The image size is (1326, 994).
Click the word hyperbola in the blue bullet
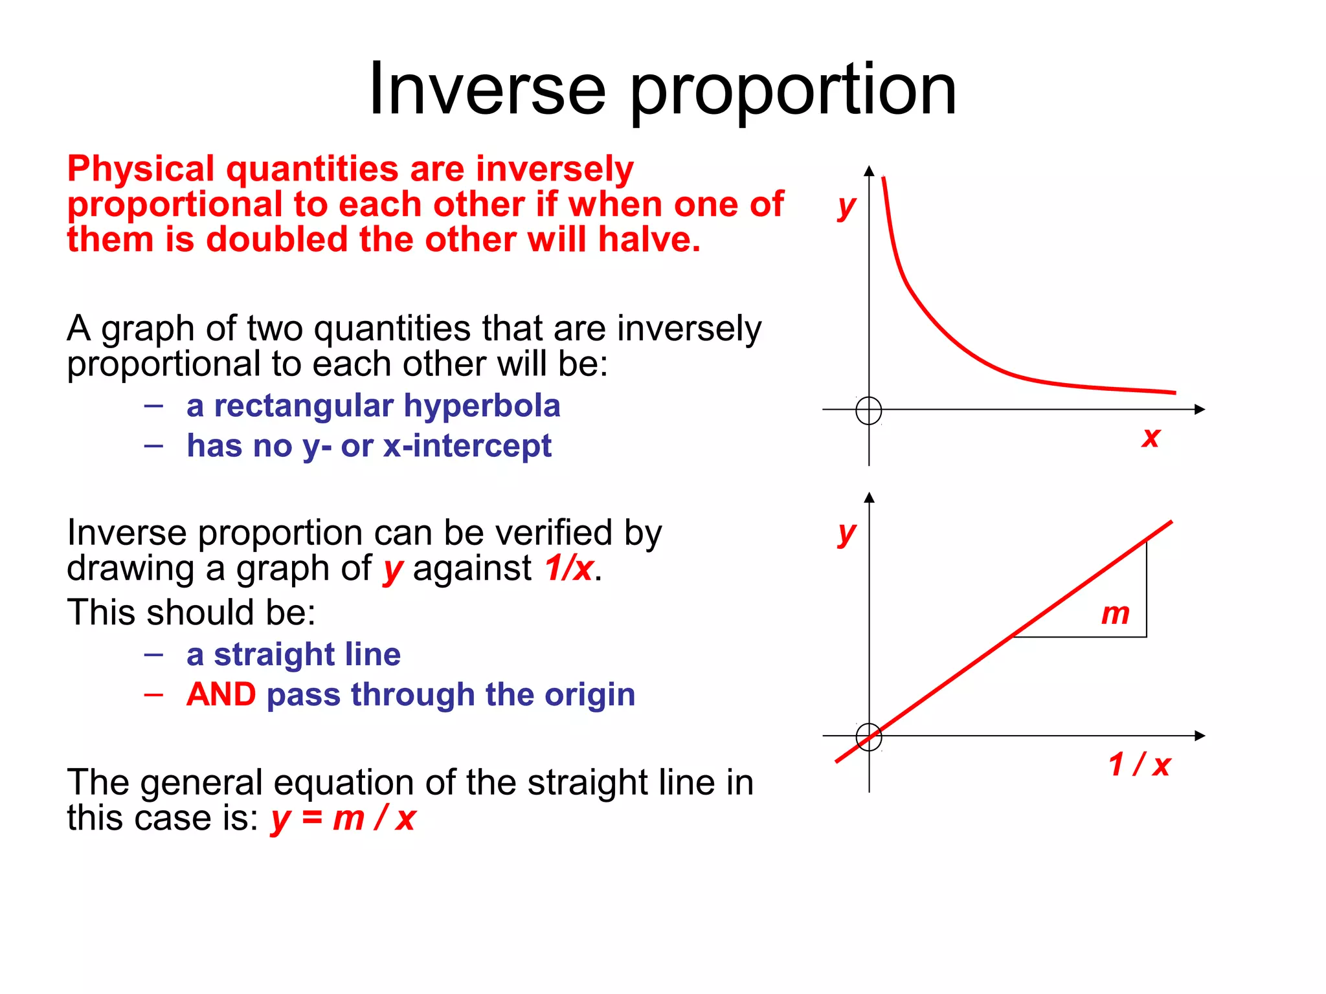coord(482,406)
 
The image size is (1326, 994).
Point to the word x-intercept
coord(467,446)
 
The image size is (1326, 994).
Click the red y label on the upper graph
coord(846,206)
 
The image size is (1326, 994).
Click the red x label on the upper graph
coord(1151,437)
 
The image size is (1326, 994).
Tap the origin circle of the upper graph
coord(868,410)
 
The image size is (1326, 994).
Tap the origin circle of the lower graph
coord(868,736)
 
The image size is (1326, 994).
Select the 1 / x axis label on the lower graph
coord(1139,764)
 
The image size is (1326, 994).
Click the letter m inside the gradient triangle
coord(1115,613)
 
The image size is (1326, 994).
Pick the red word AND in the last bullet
coord(221,694)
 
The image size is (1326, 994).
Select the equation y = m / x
coord(343,818)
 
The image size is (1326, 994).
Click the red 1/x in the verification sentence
coord(568,568)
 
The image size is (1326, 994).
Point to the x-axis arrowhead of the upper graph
coord(1200,410)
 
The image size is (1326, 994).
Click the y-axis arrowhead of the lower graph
coord(869,498)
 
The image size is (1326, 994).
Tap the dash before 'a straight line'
coord(153,654)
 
